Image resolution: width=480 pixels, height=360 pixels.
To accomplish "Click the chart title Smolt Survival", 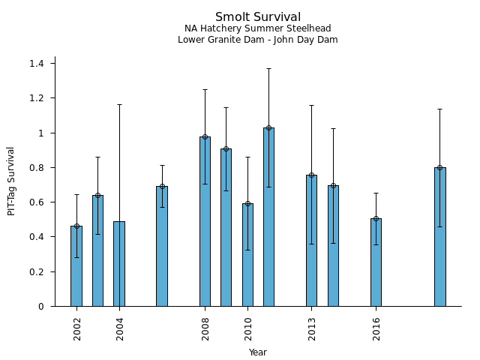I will click(258, 17).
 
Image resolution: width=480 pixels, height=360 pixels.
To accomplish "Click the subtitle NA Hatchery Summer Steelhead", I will click(258, 28).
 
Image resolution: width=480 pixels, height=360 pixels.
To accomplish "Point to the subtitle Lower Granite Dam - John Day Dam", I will click(258, 40).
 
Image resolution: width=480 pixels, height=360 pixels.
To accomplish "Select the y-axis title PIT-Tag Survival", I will click(11, 181).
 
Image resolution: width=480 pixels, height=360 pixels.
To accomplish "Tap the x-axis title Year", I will click(258, 352).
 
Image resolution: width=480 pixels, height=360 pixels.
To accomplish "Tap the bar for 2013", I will click(311, 241).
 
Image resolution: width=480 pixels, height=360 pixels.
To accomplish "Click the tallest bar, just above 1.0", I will click(268, 217).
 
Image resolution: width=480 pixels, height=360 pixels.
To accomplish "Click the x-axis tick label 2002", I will click(77, 328).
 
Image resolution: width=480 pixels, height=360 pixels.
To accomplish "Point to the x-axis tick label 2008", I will click(205, 328).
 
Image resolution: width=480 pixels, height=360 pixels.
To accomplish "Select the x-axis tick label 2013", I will click(312, 328).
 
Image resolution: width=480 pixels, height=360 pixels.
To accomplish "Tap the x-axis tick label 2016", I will click(376, 328).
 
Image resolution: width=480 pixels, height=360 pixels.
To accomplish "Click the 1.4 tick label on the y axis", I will click(37, 64).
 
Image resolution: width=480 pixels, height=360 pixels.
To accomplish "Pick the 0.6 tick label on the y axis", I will click(37, 202).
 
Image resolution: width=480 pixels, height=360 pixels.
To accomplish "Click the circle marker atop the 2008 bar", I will click(205, 136).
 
